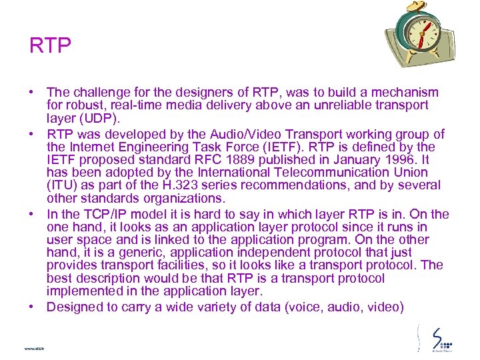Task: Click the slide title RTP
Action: pyautogui.click(x=50, y=46)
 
